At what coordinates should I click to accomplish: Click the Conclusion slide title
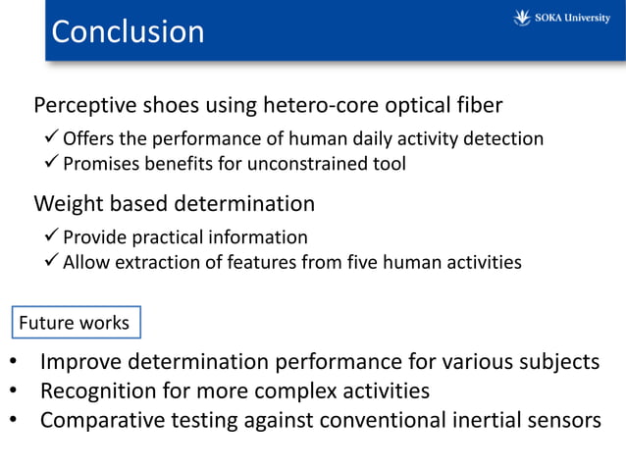(128, 31)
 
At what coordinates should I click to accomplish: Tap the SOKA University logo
(562, 18)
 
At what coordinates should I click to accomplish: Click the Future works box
(77, 323)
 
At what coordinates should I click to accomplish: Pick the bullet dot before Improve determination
(13, 362)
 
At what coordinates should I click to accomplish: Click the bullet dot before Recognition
(13, 391)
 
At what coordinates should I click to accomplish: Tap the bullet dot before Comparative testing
(13, 421)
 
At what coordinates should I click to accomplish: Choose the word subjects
(557, 362)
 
